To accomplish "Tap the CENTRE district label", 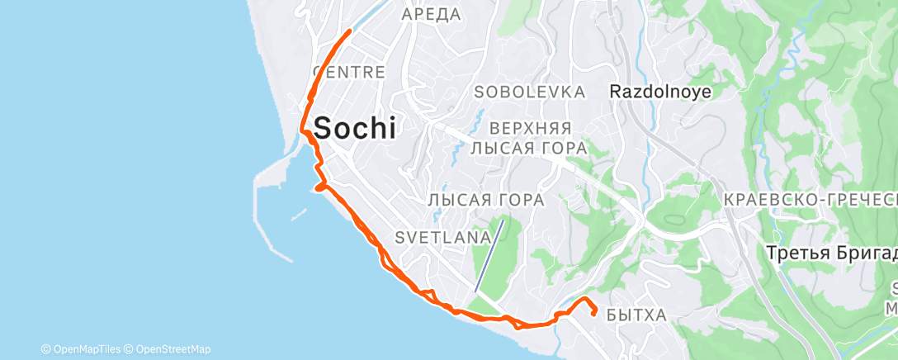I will (x=349, y=73).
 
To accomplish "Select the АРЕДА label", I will (x=430, y=14).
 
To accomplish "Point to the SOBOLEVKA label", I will (x=530, y=92).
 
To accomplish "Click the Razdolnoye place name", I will (x=661, y=92).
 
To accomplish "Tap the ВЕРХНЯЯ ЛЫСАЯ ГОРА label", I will (x=528, y=138).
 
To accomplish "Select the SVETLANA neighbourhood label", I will (x=443, y=237).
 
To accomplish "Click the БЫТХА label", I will (x=636, y=314).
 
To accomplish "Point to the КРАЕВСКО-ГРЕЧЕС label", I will (x=809, y=201).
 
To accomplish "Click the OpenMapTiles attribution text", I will (x=82, y=349).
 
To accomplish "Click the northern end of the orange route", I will (x=351, y=31).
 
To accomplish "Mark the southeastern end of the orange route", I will (x=595, y=313).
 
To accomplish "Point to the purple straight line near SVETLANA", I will (x=489, y=255).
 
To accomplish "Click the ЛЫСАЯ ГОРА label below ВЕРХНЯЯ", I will (x=486, y=200).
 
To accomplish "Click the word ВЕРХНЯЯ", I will (x=530, y=129).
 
